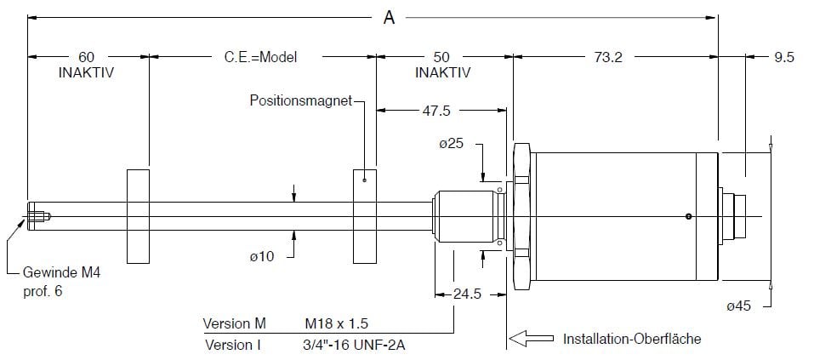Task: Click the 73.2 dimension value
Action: coord(609,57)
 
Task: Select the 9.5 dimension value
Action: coord(783,57)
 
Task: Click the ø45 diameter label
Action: coord(741,307)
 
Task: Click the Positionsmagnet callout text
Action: coord(300,100)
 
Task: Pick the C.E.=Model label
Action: coord(255,57)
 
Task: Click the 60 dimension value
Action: coord(86,57)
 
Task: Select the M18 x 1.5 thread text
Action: coord(338,324)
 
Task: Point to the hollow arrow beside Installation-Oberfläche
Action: coord(533,338)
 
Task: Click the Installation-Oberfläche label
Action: coord(632,339)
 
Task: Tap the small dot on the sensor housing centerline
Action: coord(688,216)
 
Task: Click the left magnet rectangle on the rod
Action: coord(138,216)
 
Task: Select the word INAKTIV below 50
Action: coord(442,72)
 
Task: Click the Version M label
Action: coord(235,324)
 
